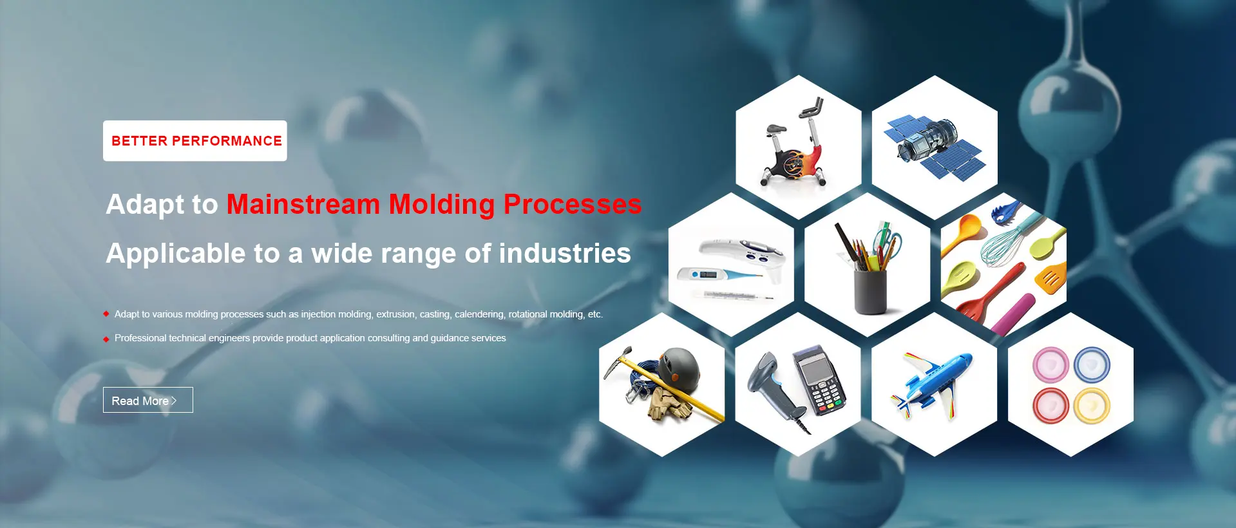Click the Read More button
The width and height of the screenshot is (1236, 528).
147,400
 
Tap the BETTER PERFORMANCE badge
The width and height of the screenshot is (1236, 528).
195,140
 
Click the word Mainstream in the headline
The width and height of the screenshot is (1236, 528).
303,204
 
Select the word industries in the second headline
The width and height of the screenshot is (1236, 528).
565,253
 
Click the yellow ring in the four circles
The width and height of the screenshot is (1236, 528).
1091,405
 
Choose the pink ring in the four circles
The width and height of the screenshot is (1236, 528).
1051,364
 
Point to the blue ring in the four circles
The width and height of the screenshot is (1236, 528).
1091,364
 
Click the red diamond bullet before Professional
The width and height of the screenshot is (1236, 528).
106,339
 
